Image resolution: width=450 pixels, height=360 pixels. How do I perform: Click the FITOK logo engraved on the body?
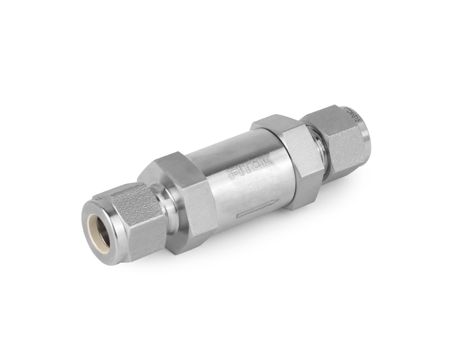click(251, 166)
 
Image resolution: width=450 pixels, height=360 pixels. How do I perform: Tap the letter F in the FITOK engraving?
click(232, 173)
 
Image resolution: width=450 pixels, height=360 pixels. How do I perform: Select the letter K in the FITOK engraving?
click(268, 159)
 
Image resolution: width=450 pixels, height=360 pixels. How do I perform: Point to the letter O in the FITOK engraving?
click(259, 163)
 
